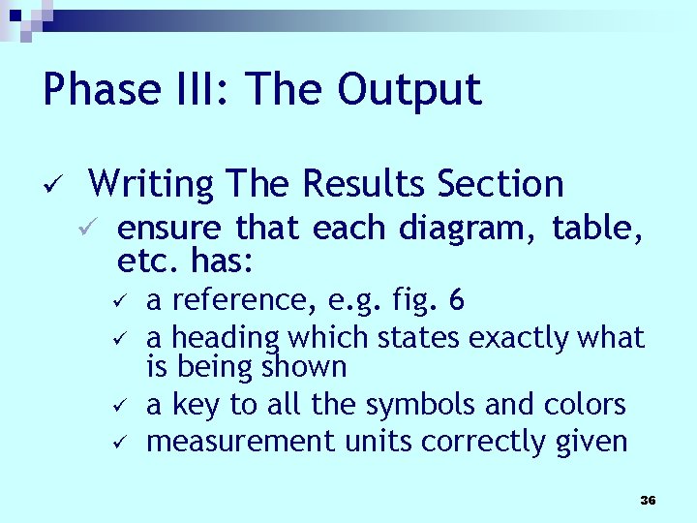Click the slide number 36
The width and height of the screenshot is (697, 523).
648,500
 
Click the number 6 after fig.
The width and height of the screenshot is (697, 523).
457,301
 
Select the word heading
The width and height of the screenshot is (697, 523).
224,338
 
